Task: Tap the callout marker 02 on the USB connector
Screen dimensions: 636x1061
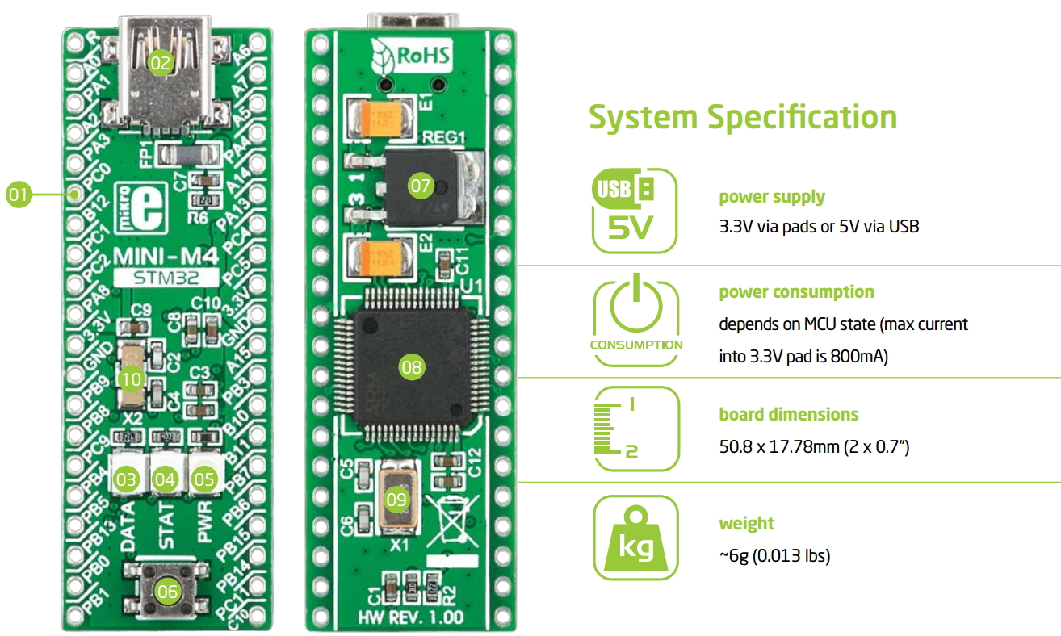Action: [x=161, y=61]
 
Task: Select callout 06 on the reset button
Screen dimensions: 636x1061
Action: [x=167, y=592]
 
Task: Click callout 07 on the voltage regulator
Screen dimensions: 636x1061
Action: [x=421, y=185]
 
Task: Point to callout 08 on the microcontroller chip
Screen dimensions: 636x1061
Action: [x=411, y=368]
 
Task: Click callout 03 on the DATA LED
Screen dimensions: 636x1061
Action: [x=127, y=479]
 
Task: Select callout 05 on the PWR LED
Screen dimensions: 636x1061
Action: [x=205, y=479]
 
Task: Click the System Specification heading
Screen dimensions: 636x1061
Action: [x=742, y=117]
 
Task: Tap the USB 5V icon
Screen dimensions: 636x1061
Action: [x=635, y=211]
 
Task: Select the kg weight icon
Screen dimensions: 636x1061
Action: [x=635, y=538]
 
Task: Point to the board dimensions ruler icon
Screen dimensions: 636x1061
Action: [x=635, y=429]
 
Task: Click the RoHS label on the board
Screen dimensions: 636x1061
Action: [x=412, y=57]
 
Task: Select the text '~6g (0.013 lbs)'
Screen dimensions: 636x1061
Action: [x=774, y=556]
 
